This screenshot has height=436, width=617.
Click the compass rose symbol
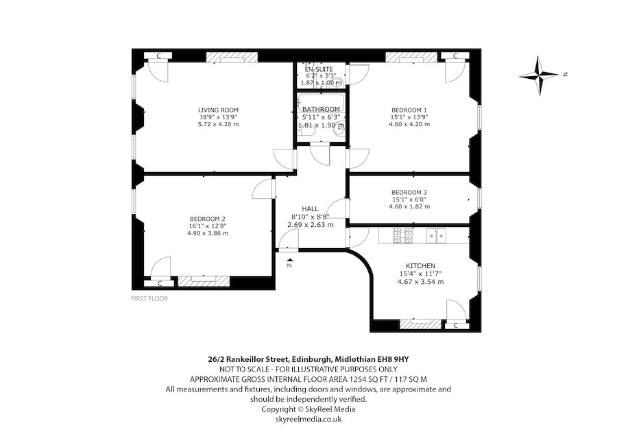[x=540, y=75]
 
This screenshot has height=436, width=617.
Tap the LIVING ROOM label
[x=218, y=110]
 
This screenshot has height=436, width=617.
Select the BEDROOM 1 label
[x=409, y=110]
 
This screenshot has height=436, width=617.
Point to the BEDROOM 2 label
[x=208, y=219]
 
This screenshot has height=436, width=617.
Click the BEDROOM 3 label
[x=409, y=192]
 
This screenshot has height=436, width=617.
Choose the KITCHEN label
[x=420, y=265]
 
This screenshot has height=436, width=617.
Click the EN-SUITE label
[x=321, y=69]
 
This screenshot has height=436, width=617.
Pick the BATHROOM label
[x=321, y=110]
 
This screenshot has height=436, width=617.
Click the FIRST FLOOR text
[x=149, y=299]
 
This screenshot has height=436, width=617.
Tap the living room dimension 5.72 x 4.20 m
[x=218, y=124]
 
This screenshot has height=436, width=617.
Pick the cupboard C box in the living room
[x=158, y=56]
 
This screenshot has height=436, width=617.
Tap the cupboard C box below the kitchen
[x=452, y=325]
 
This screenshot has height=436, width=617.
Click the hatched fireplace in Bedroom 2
[x=203, y=280]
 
